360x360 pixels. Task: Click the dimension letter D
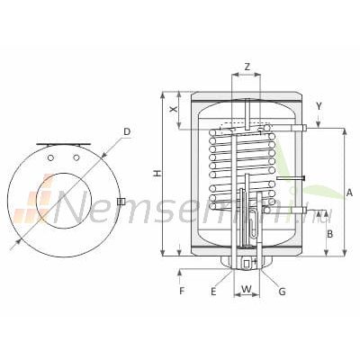pos(127,131)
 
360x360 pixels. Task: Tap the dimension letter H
pos(157,173)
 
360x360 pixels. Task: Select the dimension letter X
pos(173,110)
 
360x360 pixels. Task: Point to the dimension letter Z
pos(247,67)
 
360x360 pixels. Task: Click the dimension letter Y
pos(319,106)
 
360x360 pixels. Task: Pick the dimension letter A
pos(349,193)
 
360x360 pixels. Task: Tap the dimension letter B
pos(329,234)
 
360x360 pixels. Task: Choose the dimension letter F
pos(182,291)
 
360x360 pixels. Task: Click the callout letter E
pos(213,292)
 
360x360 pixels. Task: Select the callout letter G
pos(282,292)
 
